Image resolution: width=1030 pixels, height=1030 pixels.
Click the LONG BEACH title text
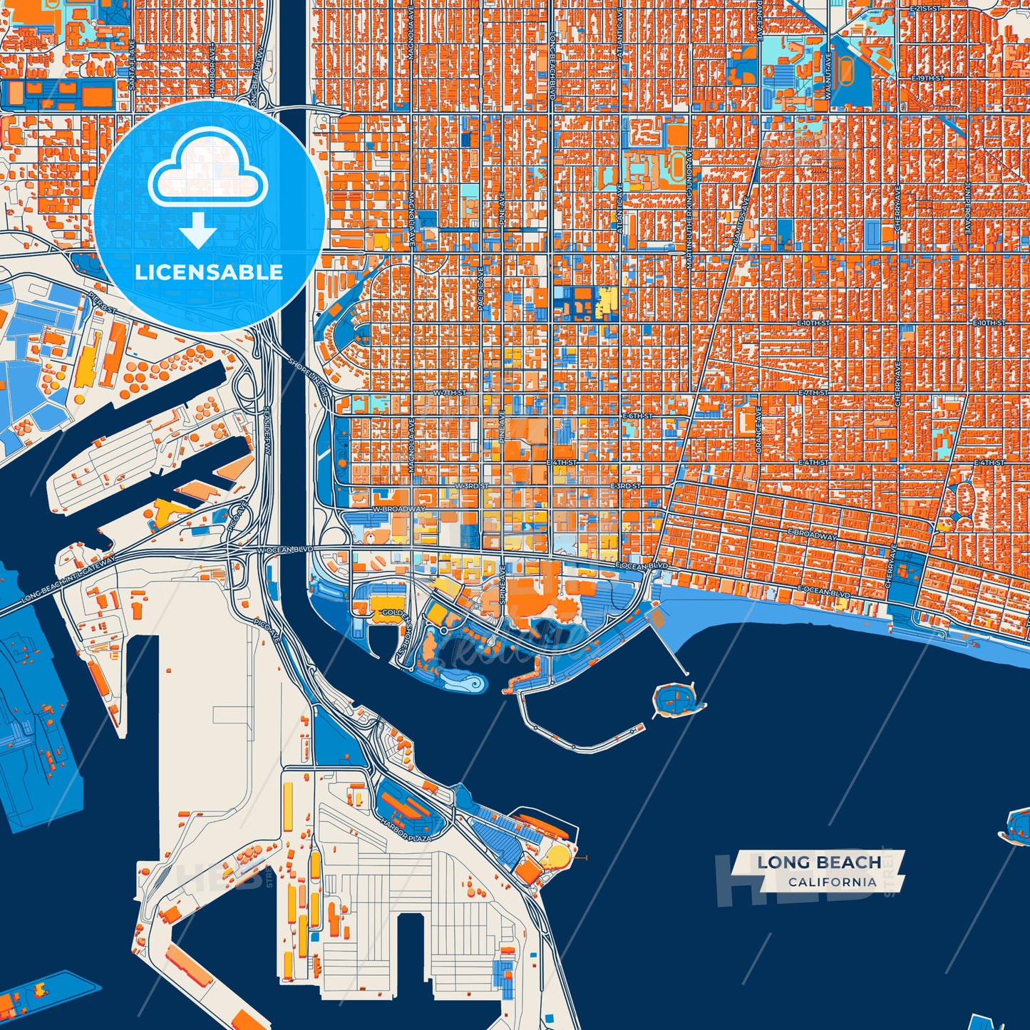click(819, 862)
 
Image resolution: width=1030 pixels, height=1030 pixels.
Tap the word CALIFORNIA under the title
click(832, 882)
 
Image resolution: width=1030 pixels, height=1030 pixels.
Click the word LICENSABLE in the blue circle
click(209, 272)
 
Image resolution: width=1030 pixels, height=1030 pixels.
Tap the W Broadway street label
click(398, 509)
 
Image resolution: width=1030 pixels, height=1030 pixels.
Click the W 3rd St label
click(471, 486)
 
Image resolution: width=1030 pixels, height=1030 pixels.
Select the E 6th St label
click(637, 416)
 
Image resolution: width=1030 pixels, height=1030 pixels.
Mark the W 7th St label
click(450, 393)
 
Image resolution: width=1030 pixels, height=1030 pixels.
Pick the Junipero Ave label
click(969, 207)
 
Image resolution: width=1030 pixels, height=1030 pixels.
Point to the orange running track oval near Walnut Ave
click(845, 71)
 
